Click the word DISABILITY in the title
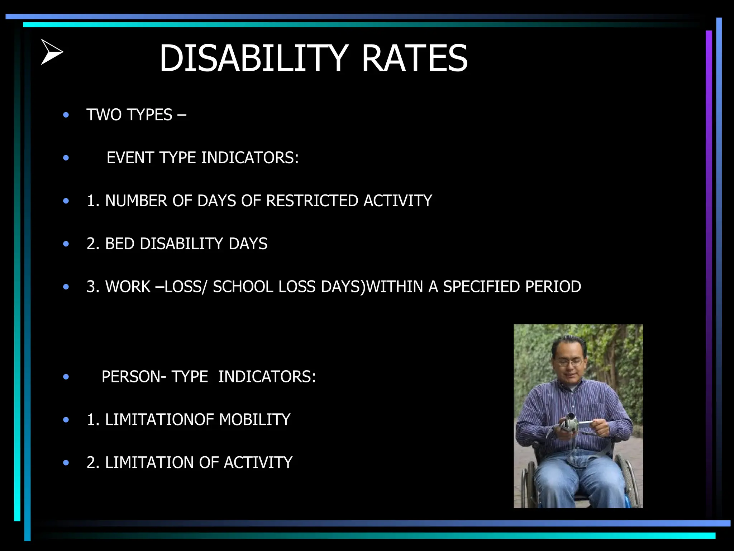click(253, 58)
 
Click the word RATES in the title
click(414, 58)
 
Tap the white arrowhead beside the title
click(52, 52)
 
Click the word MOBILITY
click(254, 420)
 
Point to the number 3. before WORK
click(94, 287)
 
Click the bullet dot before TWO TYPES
click(66, 115)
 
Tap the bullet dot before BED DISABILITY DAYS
click(66, 244)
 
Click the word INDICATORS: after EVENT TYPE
click(250, 158)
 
